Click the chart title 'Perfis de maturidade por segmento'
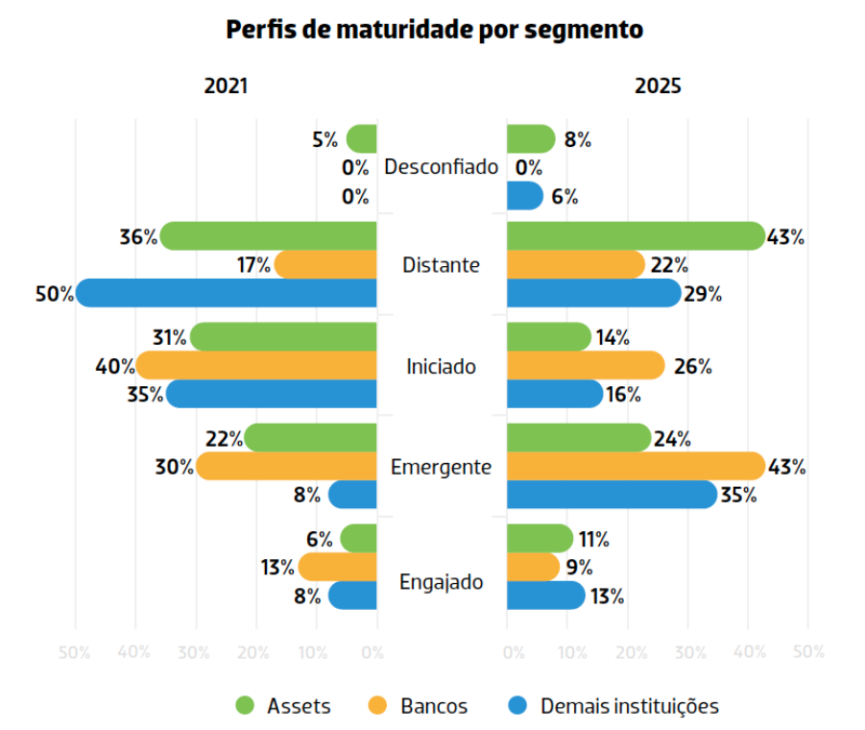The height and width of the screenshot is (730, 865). [434, 30]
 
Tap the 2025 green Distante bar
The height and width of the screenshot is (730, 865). [635, 235]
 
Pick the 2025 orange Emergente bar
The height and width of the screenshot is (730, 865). [635, 467]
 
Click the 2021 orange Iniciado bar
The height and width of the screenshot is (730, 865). [256, 365]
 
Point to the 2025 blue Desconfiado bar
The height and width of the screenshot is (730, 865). [524, 196]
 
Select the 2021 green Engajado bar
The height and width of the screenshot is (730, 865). [359, 538]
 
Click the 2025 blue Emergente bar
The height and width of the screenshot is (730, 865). [611, 495]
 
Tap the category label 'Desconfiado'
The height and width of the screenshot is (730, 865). [441, 167]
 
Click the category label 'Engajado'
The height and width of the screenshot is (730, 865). [441, 582]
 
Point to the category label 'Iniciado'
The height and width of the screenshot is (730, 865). [441, 366]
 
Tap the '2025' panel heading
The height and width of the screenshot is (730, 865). [658, 85]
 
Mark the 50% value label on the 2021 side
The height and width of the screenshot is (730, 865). [55, 294]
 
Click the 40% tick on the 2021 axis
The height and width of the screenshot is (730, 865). [134, 653]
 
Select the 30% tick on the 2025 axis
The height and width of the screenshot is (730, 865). [689, 653]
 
